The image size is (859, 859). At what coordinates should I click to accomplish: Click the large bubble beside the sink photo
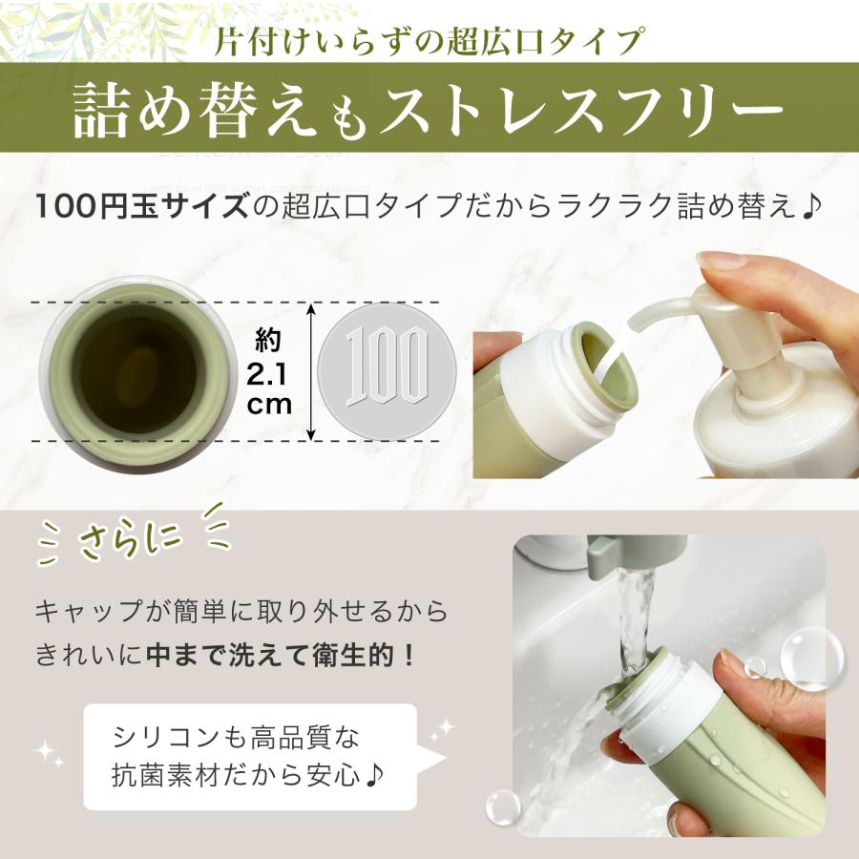(x=810, y=658)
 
